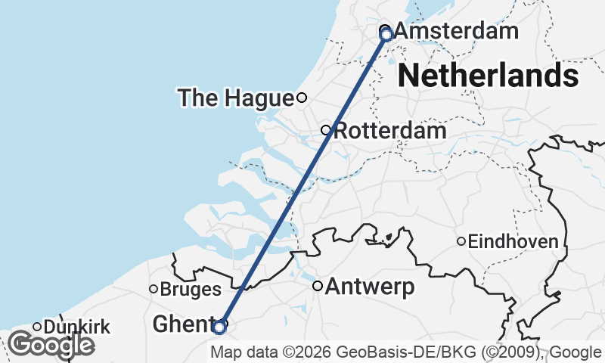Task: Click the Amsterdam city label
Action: coord(456,32)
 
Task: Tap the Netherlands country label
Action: coord(488,76)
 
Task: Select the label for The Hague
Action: coord(235,98)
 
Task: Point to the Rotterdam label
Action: coord(389,130)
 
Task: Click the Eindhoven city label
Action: coord(513,242)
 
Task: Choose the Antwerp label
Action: coord(370,287)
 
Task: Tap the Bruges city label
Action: coord(191,289)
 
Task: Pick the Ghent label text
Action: coord(181,324)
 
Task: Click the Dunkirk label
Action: coord(77,327)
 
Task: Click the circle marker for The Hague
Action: coord(302,97)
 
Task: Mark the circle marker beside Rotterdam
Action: coord(327,130)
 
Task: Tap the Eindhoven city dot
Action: coord(461,241)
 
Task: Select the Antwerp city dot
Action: coord(318,286)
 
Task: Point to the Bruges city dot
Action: coord(154,288)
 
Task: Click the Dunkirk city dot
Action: coord(37,327)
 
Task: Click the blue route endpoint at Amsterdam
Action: coord(386,34)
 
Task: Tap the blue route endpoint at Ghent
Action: coord(219,327)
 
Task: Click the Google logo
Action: coord(51,345)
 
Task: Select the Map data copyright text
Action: coord(407,352)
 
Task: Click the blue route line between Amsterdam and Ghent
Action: coord(302,181)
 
